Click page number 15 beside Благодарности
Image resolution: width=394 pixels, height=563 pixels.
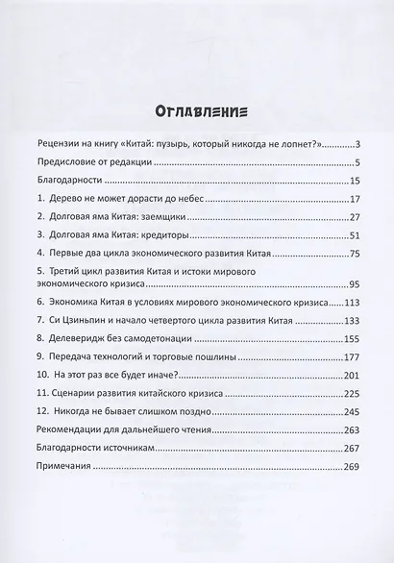(x=353, y=181)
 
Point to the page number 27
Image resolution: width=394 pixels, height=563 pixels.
(x=352, y=218)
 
